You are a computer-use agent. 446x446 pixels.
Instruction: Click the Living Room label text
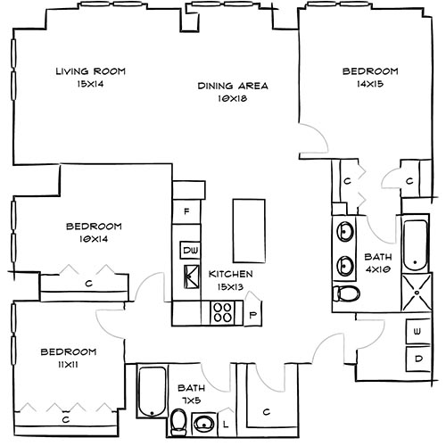89,71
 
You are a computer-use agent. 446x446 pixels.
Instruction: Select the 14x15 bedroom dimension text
369,83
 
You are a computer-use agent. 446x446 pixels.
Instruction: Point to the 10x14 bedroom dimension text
93,239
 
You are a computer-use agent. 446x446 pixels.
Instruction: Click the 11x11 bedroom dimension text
68,365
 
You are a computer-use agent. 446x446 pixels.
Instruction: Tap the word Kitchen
231,274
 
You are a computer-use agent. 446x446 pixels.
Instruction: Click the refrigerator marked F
187,212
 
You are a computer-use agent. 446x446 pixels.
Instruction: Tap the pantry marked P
252,314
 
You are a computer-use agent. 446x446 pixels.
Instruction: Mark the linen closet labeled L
226,422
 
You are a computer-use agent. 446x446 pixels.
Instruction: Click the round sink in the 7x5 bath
204,423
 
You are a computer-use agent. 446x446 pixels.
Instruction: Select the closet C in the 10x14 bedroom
89,284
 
